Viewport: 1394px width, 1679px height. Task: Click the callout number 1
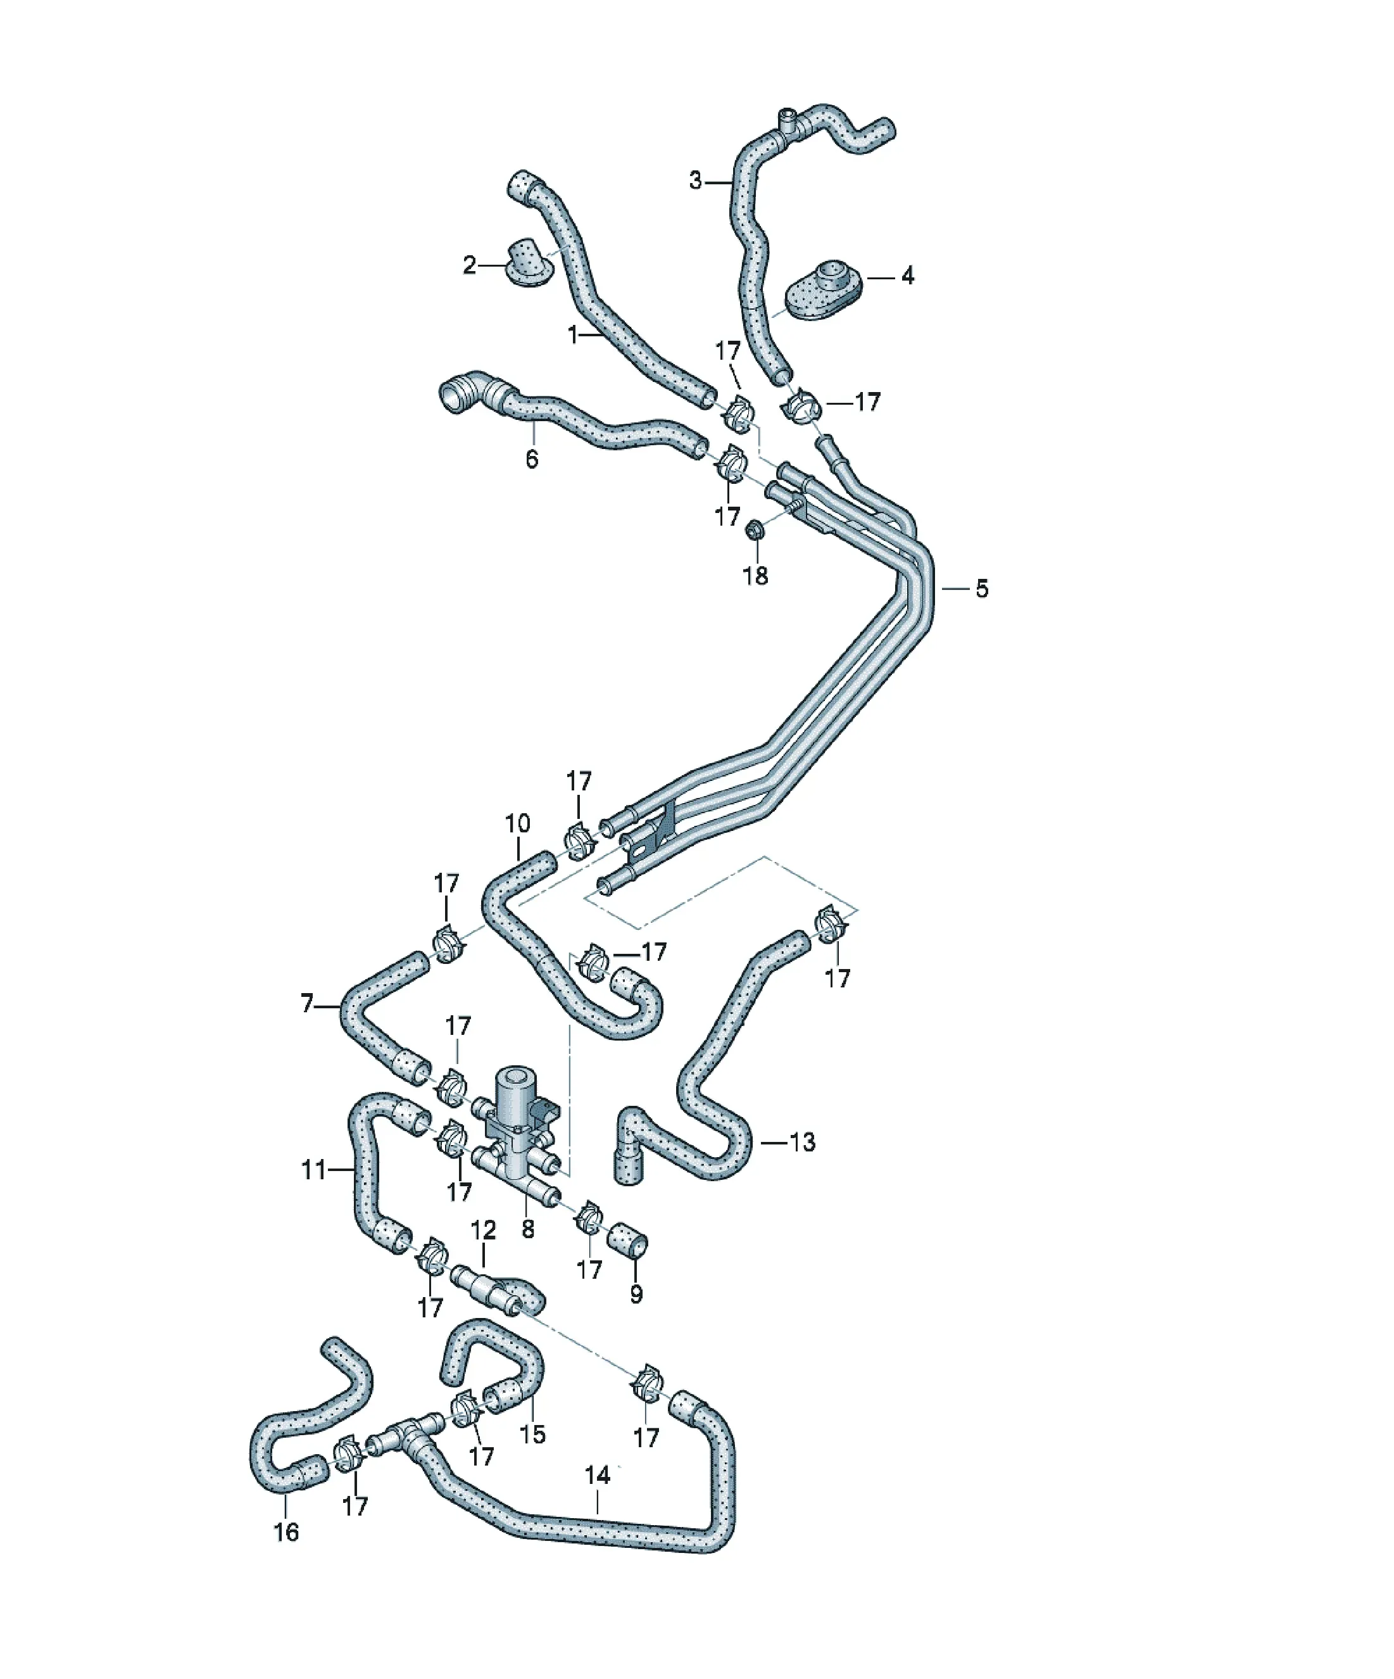point(572,334)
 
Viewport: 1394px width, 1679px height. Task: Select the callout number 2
point(469,265)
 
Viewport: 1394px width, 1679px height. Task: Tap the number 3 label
point(695,181)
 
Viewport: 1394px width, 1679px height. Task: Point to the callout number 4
point(907,276)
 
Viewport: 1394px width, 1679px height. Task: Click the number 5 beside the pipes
point(981,588)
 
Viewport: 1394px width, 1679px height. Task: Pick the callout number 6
point(532,459)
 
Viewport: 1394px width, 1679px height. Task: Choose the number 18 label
point(755,575)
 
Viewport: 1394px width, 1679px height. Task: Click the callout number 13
point(801,1142)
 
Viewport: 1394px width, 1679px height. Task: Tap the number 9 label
point(636,1294)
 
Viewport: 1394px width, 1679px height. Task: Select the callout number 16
point(286,1532)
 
